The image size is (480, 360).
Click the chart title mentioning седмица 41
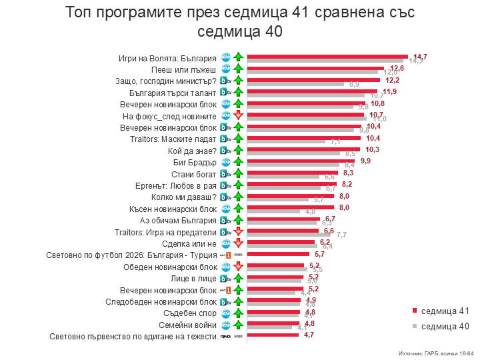pos(240,21)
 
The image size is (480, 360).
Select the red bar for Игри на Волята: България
pos(327,56)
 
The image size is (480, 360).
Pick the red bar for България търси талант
pos(313,91)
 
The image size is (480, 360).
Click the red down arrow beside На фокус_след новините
pos(237,116)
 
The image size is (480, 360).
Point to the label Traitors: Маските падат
pos(173,139)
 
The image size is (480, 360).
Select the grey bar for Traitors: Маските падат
pos(286,142)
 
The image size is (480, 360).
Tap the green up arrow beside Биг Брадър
pos(237,162)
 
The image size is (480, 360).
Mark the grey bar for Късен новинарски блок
pos(273,211)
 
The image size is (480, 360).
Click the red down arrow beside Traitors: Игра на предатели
pos(237,231)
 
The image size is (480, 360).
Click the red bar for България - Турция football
pos(278,253)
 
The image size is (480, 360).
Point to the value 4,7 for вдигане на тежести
pos(309,335)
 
